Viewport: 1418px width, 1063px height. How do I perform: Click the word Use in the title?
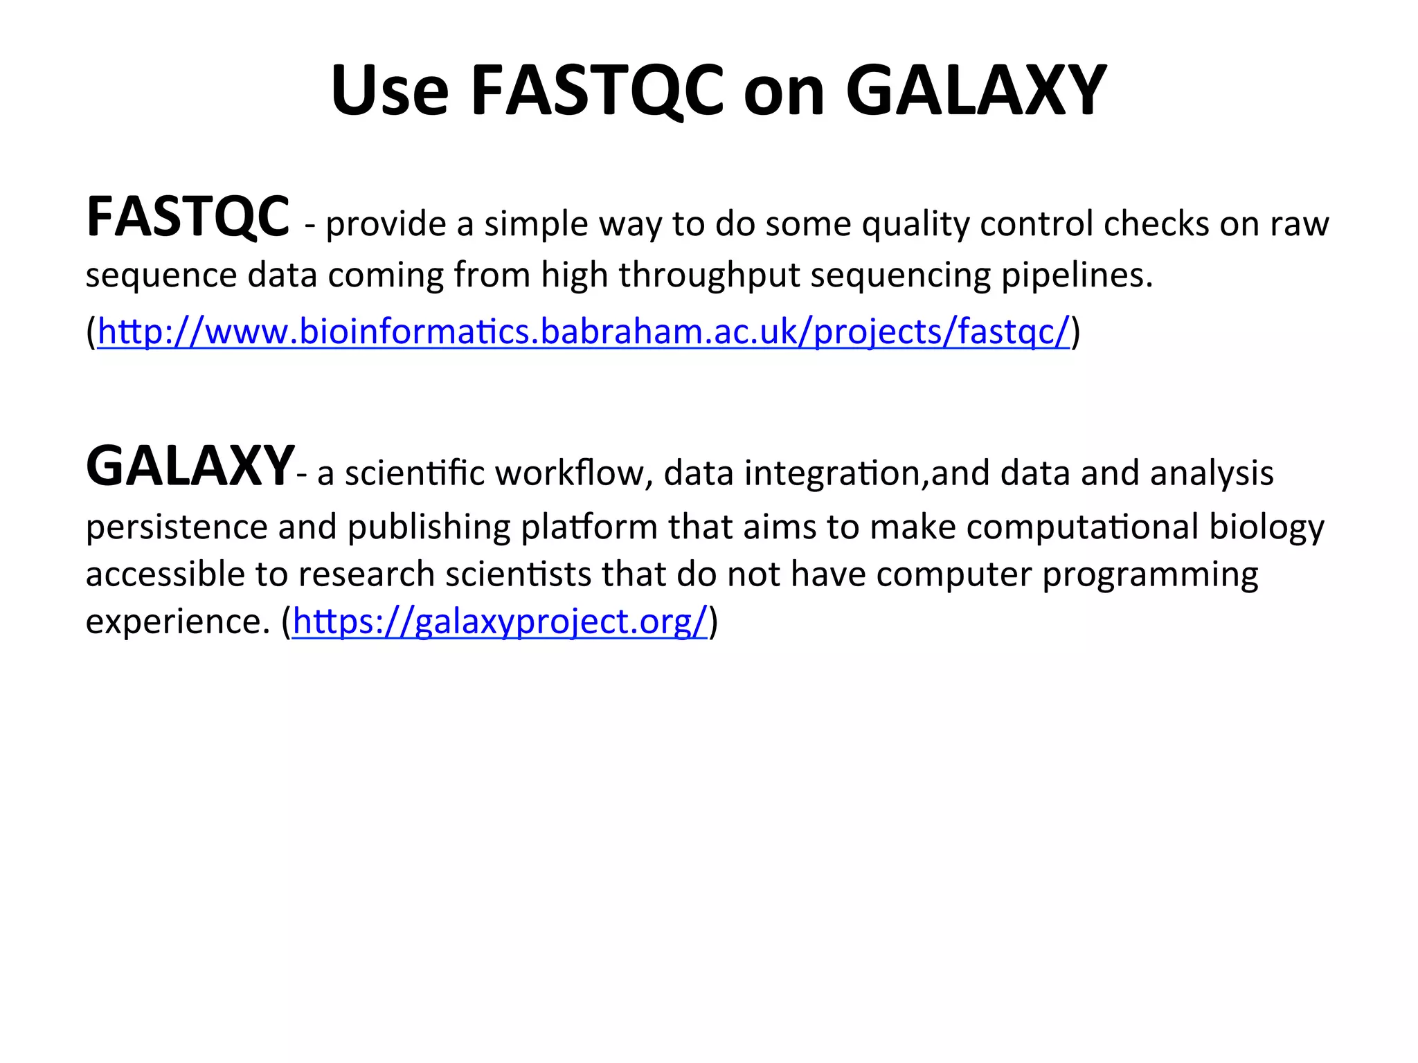390,91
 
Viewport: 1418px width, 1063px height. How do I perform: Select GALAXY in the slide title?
976,91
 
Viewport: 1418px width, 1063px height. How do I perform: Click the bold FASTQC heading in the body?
188,217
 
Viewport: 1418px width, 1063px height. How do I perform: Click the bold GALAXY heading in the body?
190,467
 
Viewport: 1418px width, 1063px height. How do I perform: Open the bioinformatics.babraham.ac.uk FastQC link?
583,331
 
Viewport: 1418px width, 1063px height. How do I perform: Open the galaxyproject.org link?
500,621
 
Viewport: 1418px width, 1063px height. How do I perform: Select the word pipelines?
1077,275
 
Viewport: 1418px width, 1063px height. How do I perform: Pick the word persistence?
177,527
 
